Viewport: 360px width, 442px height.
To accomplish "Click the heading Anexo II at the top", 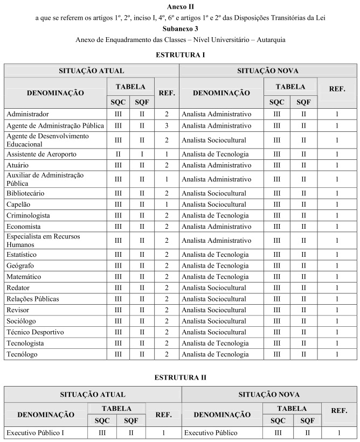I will (179, 7).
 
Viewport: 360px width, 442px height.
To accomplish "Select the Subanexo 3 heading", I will (179, 29).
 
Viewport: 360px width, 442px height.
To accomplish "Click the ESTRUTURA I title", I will (179, 54).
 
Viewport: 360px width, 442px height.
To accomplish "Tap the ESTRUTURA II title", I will (180, 377).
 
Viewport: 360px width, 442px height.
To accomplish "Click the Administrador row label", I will (27, 114).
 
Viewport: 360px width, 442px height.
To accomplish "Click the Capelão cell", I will (18, 205).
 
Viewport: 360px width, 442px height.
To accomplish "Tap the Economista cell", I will (24, 226).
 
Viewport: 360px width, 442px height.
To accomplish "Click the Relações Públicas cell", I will (32, 299).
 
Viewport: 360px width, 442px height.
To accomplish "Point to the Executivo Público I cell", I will (35, 432).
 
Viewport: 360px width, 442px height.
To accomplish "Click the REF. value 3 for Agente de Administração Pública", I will (167, 125).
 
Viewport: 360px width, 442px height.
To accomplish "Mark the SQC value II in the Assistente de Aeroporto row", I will (118, 154).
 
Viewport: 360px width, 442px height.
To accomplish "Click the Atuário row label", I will (18, 165).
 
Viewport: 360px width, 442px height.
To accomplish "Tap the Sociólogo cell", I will (21, 321).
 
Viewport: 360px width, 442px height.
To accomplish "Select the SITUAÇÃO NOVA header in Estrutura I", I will (268, 71).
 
